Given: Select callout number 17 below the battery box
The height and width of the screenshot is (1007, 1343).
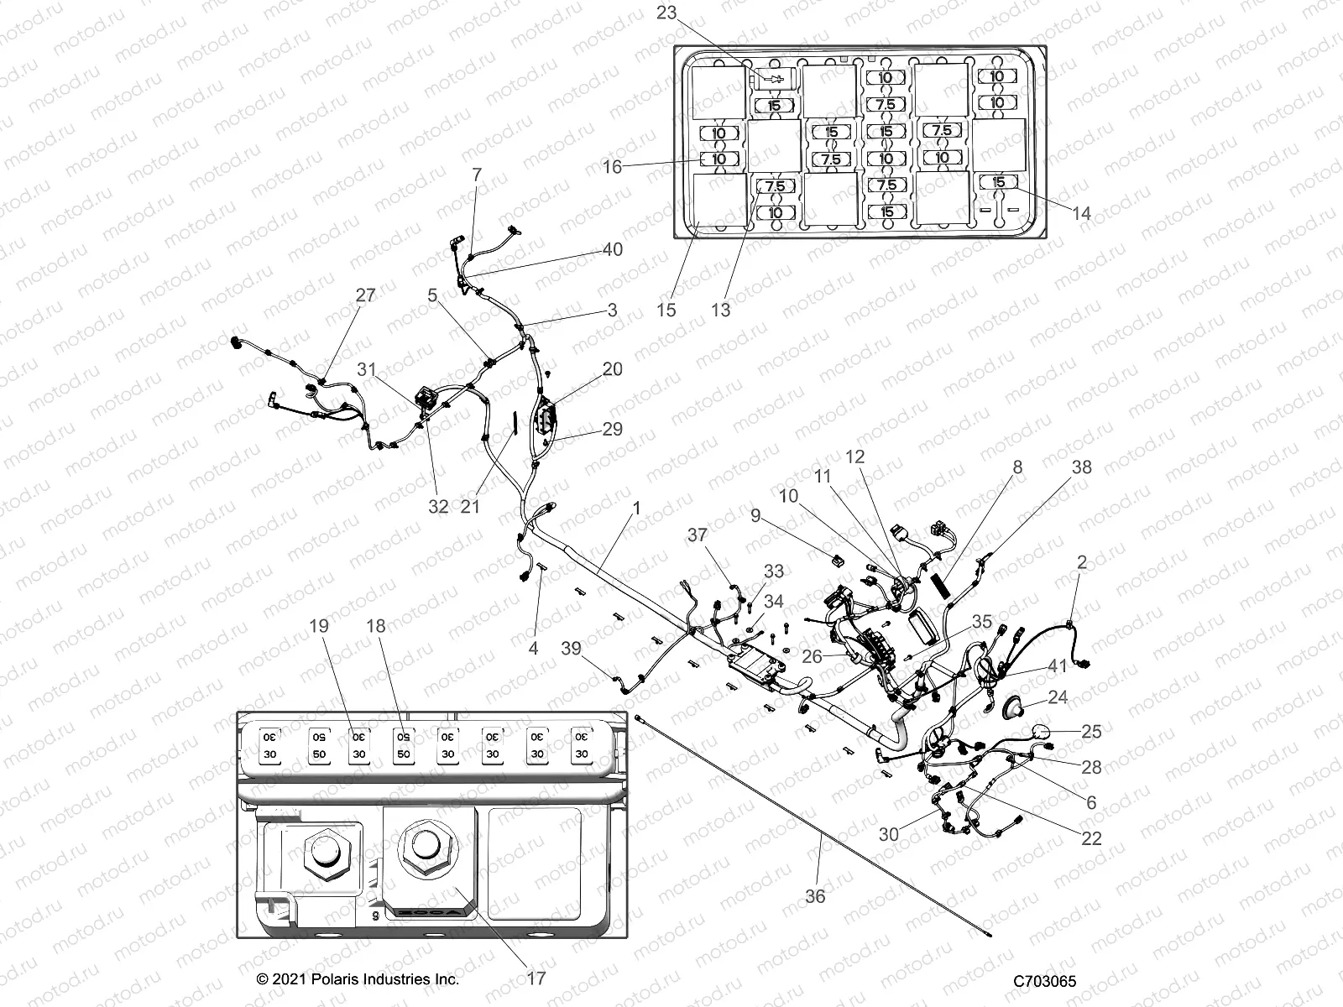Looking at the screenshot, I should [x=536, y=978].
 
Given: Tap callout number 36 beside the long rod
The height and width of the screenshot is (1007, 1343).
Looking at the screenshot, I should [x=815, y=896].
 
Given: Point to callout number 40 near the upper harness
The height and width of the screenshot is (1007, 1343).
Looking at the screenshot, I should [x=613, y=249].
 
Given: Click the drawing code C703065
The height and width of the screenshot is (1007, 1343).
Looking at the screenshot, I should [x=1044, y=981].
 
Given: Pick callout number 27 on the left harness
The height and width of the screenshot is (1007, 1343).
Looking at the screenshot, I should [x=365, y=295].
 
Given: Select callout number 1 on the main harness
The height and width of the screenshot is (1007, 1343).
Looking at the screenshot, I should [x=636, y=508].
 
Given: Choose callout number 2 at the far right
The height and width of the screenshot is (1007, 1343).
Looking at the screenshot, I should [x=1082, y=562].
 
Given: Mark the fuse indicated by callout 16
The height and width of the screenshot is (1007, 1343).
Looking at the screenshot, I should [x=719, y=158].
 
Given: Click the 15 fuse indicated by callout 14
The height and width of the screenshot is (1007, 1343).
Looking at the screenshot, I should [x=998, y=182].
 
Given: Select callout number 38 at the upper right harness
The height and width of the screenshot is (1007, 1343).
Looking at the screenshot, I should [x=1082, y=467].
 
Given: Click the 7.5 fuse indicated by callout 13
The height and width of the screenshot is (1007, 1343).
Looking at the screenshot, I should [x=775, y=185].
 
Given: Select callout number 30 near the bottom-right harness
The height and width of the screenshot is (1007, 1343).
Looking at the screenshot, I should [x=889, y=834].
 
